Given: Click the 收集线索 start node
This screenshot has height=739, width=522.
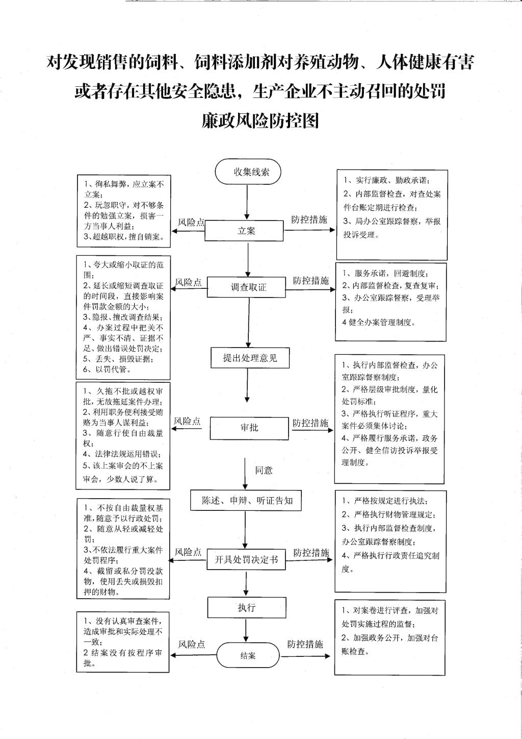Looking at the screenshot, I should click(x=248, y=172).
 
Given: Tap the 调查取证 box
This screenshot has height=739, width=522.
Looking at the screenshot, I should click(x=248, y=287).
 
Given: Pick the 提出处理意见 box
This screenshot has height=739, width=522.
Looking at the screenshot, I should click(x=250, y=358).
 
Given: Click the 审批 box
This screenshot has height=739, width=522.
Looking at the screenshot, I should click(x=249, y=428).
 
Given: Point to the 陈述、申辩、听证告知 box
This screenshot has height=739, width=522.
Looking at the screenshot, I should click(x=247, y=501).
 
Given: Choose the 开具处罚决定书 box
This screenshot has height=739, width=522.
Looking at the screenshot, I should click(x=246, y=560).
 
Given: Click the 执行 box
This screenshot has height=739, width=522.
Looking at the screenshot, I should click(x=246, y=607).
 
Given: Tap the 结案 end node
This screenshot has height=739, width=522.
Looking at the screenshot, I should click(x=248, y=655).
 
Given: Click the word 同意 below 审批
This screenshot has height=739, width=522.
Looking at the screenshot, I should click(x=264, y=471).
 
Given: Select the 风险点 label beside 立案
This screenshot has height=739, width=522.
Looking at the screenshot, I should click(x=191, y=222).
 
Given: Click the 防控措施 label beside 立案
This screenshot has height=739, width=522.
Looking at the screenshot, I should click(x=309, y=220).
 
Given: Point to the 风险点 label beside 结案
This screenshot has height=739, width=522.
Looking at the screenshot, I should click(x=191, y=645).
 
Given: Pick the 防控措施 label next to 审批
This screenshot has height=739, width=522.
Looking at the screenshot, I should click(x=310, y=423).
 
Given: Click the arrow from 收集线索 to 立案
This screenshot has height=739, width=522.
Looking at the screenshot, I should click(x=247, y=202).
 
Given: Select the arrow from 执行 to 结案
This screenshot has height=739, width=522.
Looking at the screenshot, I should click(x=246, y=630).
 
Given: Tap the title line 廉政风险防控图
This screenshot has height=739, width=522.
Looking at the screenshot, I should click(x=260, y=120).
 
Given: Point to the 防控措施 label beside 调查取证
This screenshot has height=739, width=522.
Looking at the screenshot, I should click(x=310, y=281).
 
